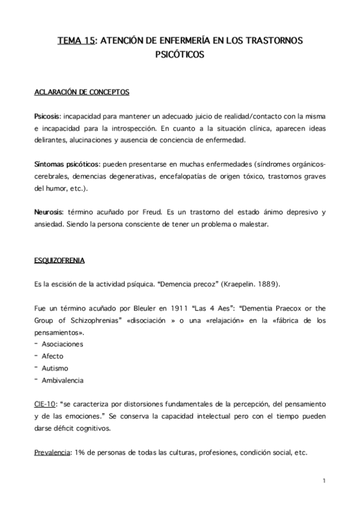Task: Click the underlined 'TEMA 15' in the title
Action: click(76, 41)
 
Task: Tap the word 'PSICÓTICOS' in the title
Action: click(180, 55)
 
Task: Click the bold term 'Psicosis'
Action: click(47, 114)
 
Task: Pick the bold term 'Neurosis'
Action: click(48, 213)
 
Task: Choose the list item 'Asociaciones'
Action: click(63, 345)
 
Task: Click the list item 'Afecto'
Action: click(52, 356)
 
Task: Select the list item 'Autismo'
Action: click(55, 368)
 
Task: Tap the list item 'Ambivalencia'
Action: click(63, 380)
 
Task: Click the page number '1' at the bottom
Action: click(323, 481)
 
